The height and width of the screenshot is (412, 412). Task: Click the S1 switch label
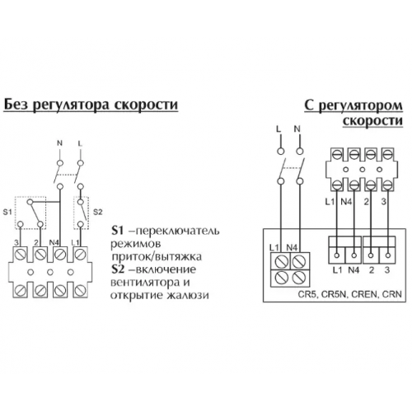point(7,212)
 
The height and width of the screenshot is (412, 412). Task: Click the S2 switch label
point(98,212)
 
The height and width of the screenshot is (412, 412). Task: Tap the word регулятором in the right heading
point(361,105)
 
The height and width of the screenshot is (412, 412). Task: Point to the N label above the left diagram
point(59,143)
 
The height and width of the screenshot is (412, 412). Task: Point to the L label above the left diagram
point(80,143)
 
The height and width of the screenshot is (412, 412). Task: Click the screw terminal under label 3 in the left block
point(20,255)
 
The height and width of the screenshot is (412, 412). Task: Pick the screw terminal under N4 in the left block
point(60,255)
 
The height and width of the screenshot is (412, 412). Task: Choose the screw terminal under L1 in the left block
point(80,255)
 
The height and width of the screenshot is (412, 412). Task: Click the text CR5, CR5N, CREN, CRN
point(350,295)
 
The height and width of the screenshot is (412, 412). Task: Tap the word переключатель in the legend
point(178,231)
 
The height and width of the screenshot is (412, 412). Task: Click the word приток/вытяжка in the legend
point(157,257)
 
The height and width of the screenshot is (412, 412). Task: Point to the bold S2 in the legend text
point(118,269)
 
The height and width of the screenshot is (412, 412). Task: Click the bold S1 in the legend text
point(117,231)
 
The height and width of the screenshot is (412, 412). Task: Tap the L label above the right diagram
point(279,129)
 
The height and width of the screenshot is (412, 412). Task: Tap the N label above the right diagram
point(297,129)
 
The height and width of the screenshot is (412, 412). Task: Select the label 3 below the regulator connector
point(387,270)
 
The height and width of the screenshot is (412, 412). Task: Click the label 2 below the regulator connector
point(372,270)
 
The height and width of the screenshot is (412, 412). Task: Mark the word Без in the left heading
point(16,105)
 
